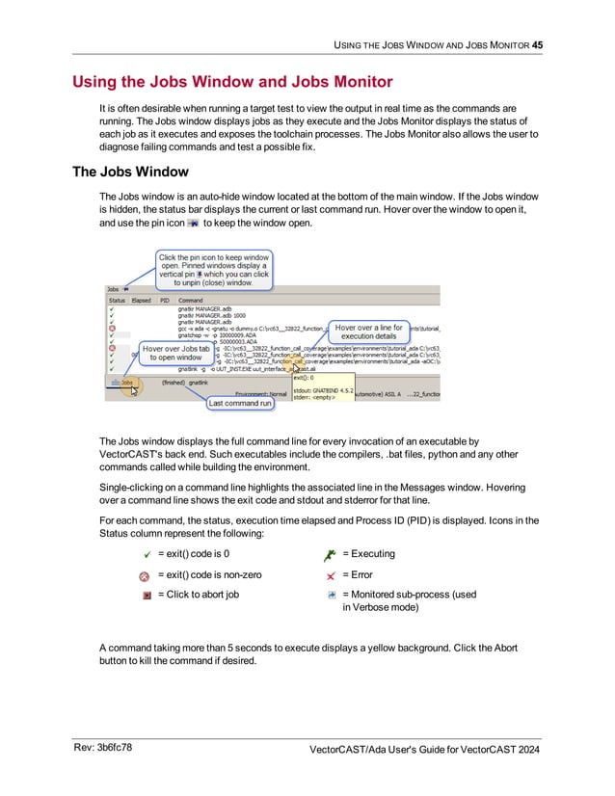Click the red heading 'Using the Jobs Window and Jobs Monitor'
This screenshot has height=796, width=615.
(x=231, y=82)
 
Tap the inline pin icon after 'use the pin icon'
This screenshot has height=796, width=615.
(x=192, y=223)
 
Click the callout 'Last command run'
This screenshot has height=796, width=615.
(x=239, y=403)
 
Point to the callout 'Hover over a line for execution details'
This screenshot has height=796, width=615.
(x=368, y=332)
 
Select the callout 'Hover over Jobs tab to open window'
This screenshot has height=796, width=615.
(x=177, y=353)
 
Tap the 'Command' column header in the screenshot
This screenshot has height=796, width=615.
(x=191, y=300)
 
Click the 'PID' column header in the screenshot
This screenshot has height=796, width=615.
(x=166, y=300)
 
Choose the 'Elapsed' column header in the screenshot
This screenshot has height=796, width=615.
(x=142, y=300)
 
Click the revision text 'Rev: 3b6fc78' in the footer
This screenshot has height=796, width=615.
(x=103, y=747)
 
